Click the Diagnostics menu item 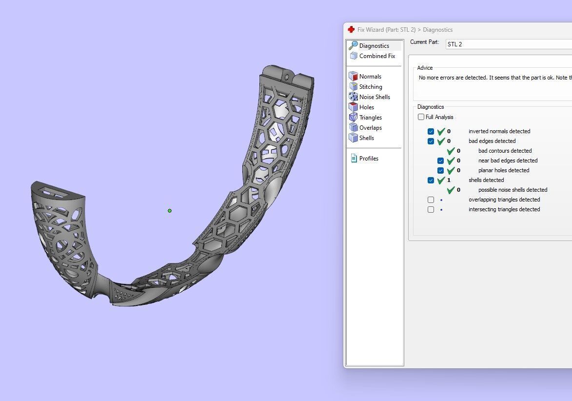[x=374, y=46]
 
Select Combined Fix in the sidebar [x=377, y=56]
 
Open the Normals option [x=370, y=77]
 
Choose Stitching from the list [x=371, y=87]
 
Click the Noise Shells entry [x=375, y=97]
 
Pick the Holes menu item [x=367, y=107]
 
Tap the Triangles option [x=371, y=118]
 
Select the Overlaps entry [x=371, y=128]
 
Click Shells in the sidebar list [x=367, y=138]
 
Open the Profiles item [x=369, y=159]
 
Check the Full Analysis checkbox [x=421, y=117]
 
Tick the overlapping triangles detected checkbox [x=431, y=200]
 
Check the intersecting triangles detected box [x=431, y=209]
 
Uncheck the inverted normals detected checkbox [x=431, y=131]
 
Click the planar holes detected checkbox [x=440, y=170]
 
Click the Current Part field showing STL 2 [x=507, y=44]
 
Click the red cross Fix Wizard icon [x=351, y=30]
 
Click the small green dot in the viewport [x=170, y=211]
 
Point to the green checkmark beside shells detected [x=441, y=180]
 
